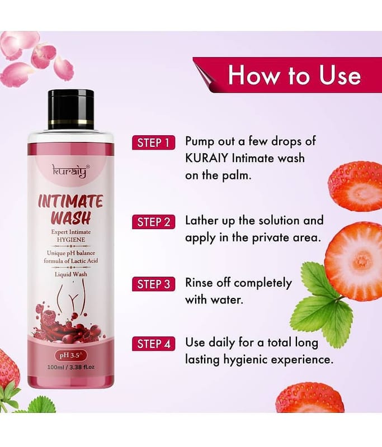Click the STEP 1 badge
(x=153, y=142)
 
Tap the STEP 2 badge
(x=153, y=222)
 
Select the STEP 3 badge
(x=153, y=284)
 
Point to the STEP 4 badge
(x=153, y=344)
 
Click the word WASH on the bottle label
(x=70, y=218)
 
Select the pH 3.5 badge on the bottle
(x=71, y=355)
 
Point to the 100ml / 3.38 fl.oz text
(x=71, y=367)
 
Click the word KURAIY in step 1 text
(x=207, y=158)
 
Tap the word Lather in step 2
(x=202, y=220)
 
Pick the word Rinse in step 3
(x=199, y=283)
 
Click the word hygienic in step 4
(x=246, y=360)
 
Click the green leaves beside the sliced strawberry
(x=322, y=297)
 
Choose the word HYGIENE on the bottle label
(x=71, y=240)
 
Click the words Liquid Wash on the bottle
(x=71, y=274)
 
